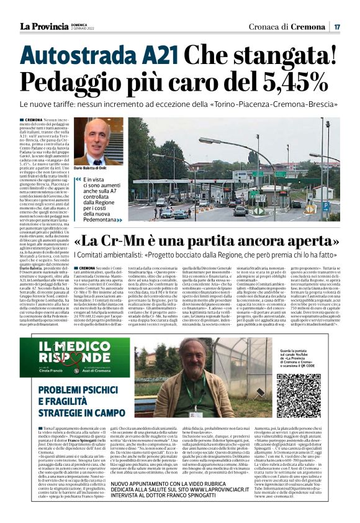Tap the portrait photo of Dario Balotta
[x=95, y=141]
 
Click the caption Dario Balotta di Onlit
[x=94, y=168]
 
